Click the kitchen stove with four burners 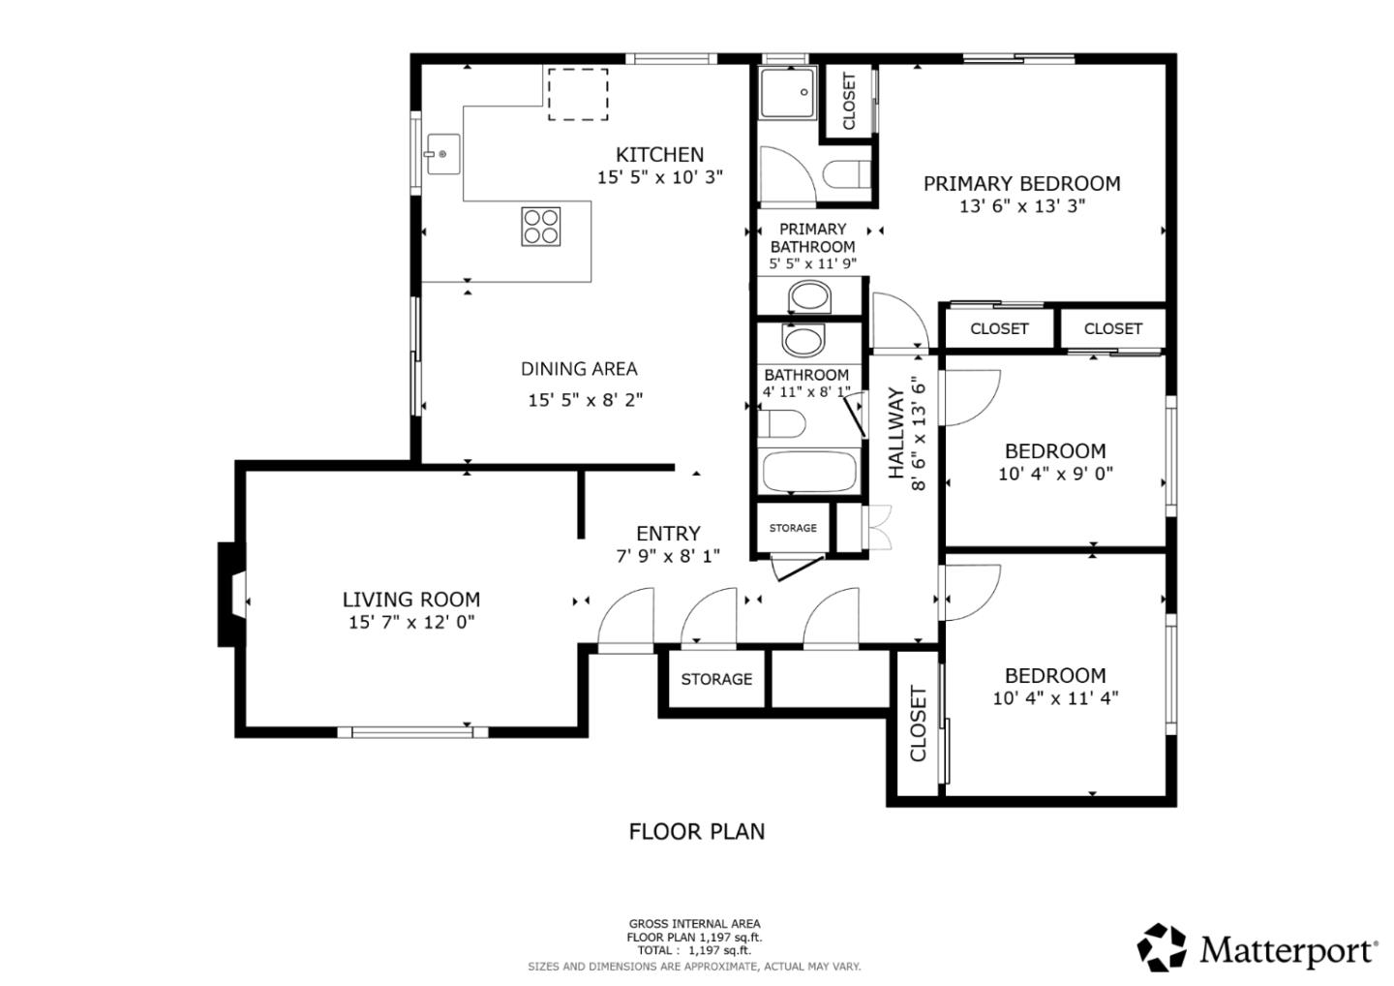541,226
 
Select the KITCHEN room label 659,154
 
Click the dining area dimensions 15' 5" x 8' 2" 585,399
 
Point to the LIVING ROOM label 411,600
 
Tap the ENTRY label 668,534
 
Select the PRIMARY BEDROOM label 1021,183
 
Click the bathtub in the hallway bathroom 809,472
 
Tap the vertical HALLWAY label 896,433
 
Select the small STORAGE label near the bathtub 793,528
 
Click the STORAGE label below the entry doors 716,679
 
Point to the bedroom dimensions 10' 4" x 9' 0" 1055,474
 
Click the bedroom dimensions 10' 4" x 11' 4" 1055,697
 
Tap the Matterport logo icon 1162,947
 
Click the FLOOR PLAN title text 696,831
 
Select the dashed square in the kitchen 578,94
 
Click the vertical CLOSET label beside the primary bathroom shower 849,102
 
